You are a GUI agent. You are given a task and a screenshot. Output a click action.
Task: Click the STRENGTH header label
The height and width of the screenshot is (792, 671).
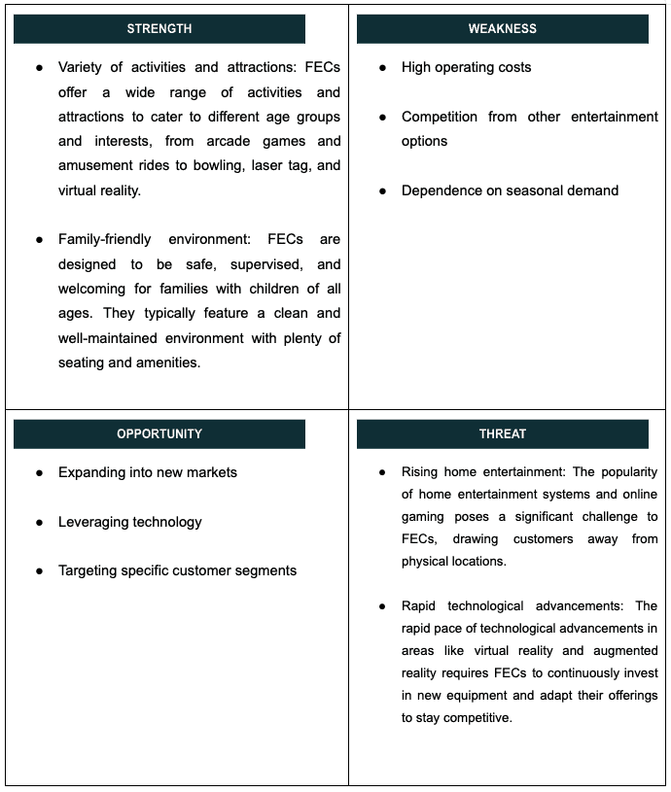[159, 29]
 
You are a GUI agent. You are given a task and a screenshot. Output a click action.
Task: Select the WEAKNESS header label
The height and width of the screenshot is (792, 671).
[502, 29]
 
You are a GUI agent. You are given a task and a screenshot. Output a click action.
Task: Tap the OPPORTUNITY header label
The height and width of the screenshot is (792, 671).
[159, 434]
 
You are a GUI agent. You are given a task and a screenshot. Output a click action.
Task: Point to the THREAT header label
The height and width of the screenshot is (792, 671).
[502, 434]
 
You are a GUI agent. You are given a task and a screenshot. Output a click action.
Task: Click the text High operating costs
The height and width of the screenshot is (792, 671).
[466, 67]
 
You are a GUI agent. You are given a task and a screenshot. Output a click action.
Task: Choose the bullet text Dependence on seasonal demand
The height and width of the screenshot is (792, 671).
[510, 190]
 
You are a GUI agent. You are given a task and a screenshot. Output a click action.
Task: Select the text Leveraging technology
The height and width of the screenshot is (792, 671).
[129, 522]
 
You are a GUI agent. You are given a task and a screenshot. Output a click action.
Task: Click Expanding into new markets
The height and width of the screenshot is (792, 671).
[147, 472]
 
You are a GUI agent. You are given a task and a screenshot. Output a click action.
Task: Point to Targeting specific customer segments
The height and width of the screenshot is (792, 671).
[177, 570]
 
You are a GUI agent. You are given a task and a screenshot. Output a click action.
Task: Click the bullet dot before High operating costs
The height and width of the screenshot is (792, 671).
[382, 68]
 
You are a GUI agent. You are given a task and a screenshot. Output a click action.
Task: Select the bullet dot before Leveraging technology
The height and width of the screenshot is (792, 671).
[39, 523]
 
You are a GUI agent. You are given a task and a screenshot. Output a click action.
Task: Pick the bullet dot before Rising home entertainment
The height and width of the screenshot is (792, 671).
[382, 472]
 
